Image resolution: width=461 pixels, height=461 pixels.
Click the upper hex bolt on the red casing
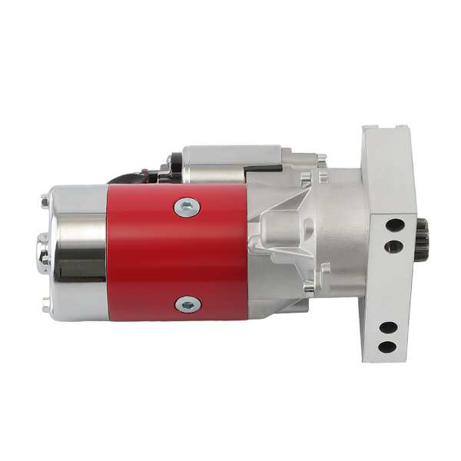(x=187, y=206)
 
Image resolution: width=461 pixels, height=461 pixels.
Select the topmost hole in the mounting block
(x=395, y=226)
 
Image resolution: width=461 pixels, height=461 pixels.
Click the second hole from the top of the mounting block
(x=394, y=247)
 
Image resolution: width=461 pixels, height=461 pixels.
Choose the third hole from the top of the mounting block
(x=389, y=327)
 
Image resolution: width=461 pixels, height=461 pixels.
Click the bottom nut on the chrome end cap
(x=45, y=307)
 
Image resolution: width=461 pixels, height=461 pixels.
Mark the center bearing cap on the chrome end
(x=42, y=254)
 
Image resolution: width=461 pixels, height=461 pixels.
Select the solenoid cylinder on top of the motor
(x=230, y=164)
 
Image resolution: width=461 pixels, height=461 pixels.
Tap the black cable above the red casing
(x=134, y=177)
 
